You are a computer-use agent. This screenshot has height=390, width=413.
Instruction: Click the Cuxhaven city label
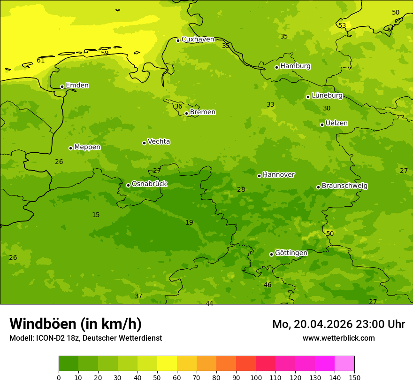pos(198,39)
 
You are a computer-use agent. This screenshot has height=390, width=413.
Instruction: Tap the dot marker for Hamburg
pos(277,67)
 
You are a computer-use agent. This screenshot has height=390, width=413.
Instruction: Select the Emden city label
pos(77,86)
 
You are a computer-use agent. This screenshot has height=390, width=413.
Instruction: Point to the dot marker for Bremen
pos(186,113)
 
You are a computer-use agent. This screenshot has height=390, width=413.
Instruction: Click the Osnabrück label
pos(149,184)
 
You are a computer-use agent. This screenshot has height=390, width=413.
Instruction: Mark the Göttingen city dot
pos(271,254)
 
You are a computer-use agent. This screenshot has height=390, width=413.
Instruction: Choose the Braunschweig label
pos(344,186)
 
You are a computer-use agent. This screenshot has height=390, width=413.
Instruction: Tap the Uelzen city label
pos(337,124)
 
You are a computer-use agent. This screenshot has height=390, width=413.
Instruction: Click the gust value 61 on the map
pos(41,60)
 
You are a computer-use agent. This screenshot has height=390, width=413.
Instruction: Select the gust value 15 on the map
pos(96,215)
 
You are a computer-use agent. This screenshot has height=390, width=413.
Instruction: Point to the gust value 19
pos(189,222)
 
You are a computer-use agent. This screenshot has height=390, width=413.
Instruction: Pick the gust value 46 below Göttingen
pos(268,285)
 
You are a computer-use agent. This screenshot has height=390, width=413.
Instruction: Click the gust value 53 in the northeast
pos(342,26)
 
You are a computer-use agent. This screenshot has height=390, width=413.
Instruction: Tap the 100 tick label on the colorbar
pos(256,377)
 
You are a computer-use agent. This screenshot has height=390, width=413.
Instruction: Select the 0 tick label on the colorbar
pos(59,377)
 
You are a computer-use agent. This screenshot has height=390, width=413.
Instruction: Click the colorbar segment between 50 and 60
pos(167,364)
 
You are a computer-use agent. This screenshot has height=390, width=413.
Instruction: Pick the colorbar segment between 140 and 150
pos(344,364)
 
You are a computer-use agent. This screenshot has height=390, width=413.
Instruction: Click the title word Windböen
pos(43,324)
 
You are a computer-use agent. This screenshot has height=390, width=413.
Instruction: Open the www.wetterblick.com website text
pos(338,338)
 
